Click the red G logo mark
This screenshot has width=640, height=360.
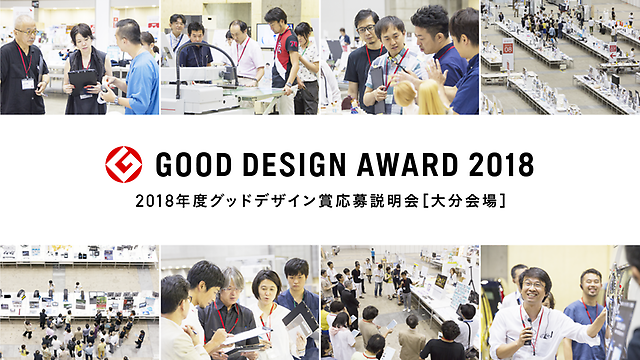[124, 164]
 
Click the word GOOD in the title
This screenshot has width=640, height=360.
[193, 165]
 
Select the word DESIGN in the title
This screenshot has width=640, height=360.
[294, 165]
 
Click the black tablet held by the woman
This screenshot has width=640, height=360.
[83, 81]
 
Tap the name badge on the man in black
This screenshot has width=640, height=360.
[27, 84]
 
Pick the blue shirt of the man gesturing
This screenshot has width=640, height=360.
[143, 82]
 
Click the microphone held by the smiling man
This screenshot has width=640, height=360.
[529, 329]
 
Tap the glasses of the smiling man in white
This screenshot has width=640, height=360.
[532, 284]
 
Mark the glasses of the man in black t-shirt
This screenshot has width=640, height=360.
[366, 29]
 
